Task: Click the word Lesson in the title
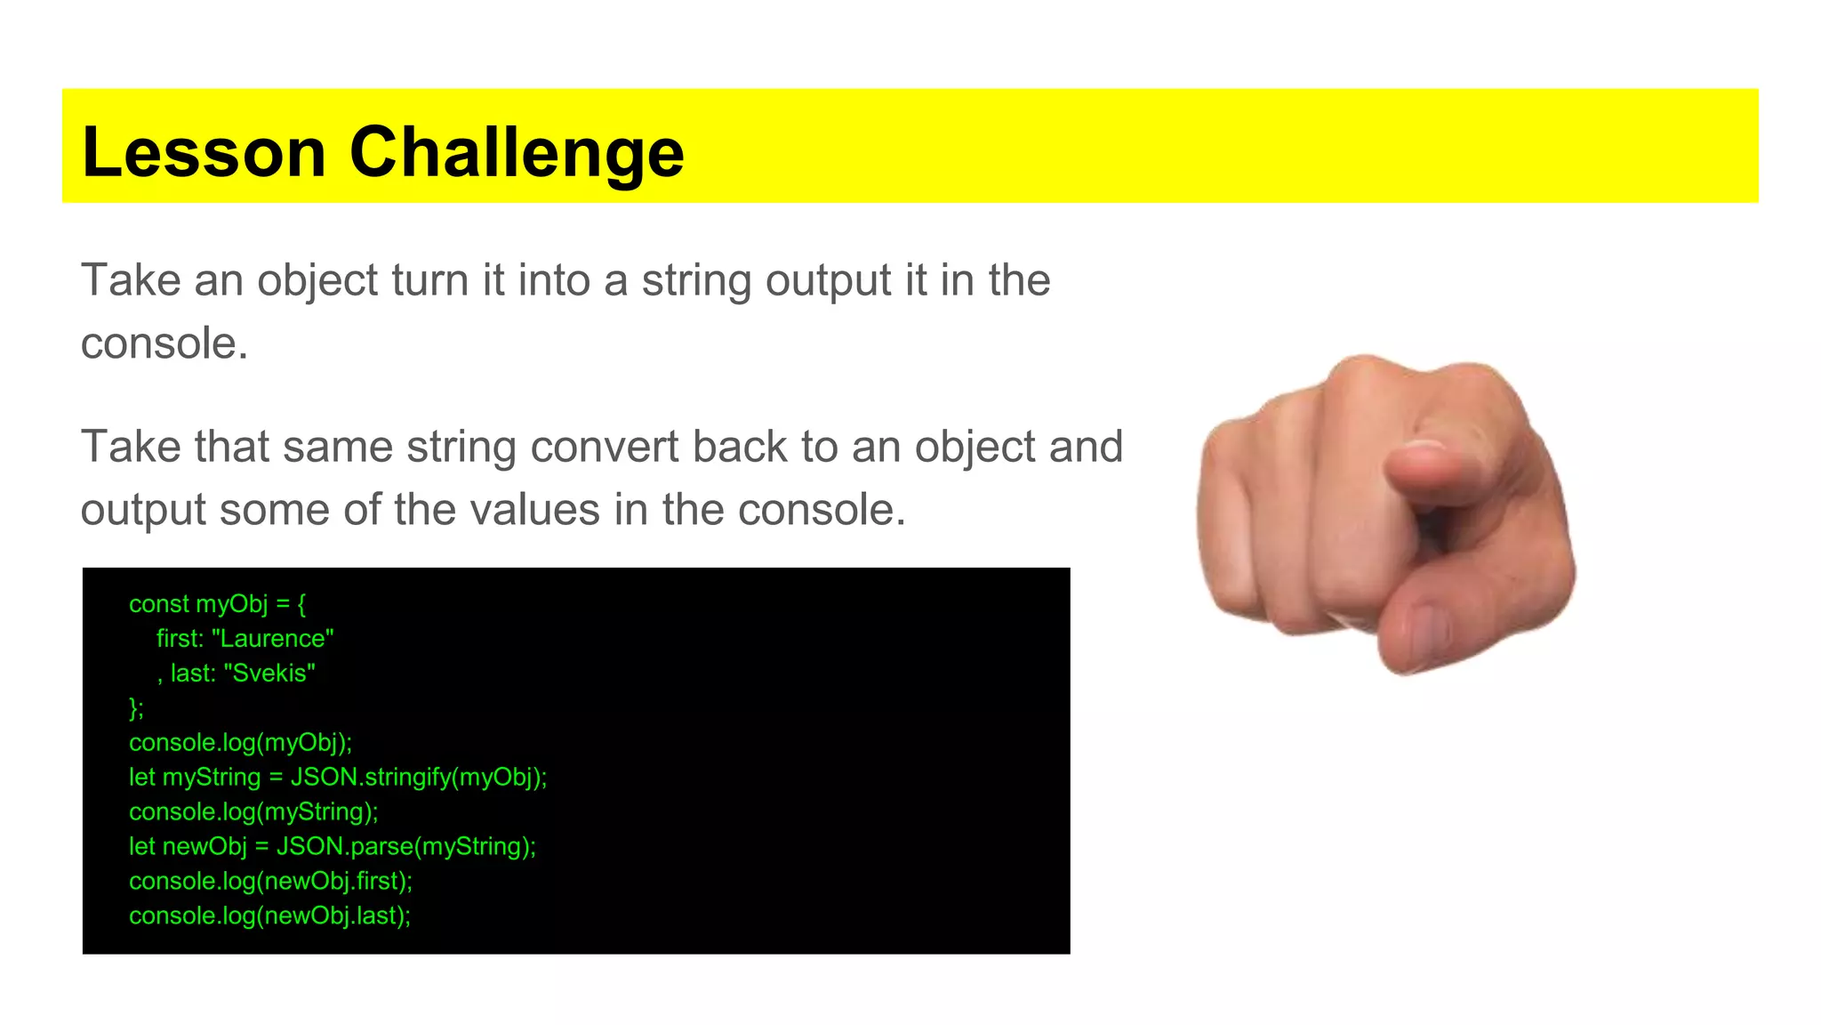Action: coord(204,152)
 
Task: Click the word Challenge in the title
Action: coord(517,152)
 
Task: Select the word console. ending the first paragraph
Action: coord(164,343)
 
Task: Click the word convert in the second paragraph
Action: coord(604,447)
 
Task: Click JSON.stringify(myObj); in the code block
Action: coord(419,778)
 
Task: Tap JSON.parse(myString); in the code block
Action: coord(406,846)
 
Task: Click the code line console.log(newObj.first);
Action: coord(270,881)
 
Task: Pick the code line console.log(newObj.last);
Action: coord(269,916)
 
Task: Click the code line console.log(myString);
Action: coord(253,811)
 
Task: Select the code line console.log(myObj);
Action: coord(240,743)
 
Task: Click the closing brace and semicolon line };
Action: coord(136,708)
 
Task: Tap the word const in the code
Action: coord(158,604)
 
